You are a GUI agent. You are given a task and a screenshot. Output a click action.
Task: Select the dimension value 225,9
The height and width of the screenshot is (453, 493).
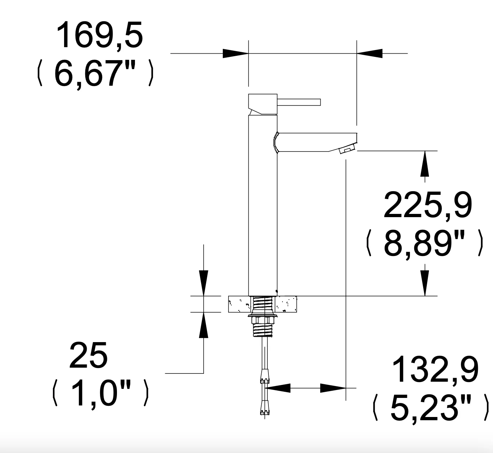pyautogui.click(x=428, y=205)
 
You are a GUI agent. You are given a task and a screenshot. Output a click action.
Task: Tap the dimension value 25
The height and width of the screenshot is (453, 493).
pyautogui.click(x=89, y=355)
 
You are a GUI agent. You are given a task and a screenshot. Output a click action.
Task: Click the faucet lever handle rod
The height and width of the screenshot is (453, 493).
pyautogui.click(x=299, y=102)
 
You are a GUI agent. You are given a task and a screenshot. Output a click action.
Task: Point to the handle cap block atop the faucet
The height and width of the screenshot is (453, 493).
pyautogui.click(x=263, y=104)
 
